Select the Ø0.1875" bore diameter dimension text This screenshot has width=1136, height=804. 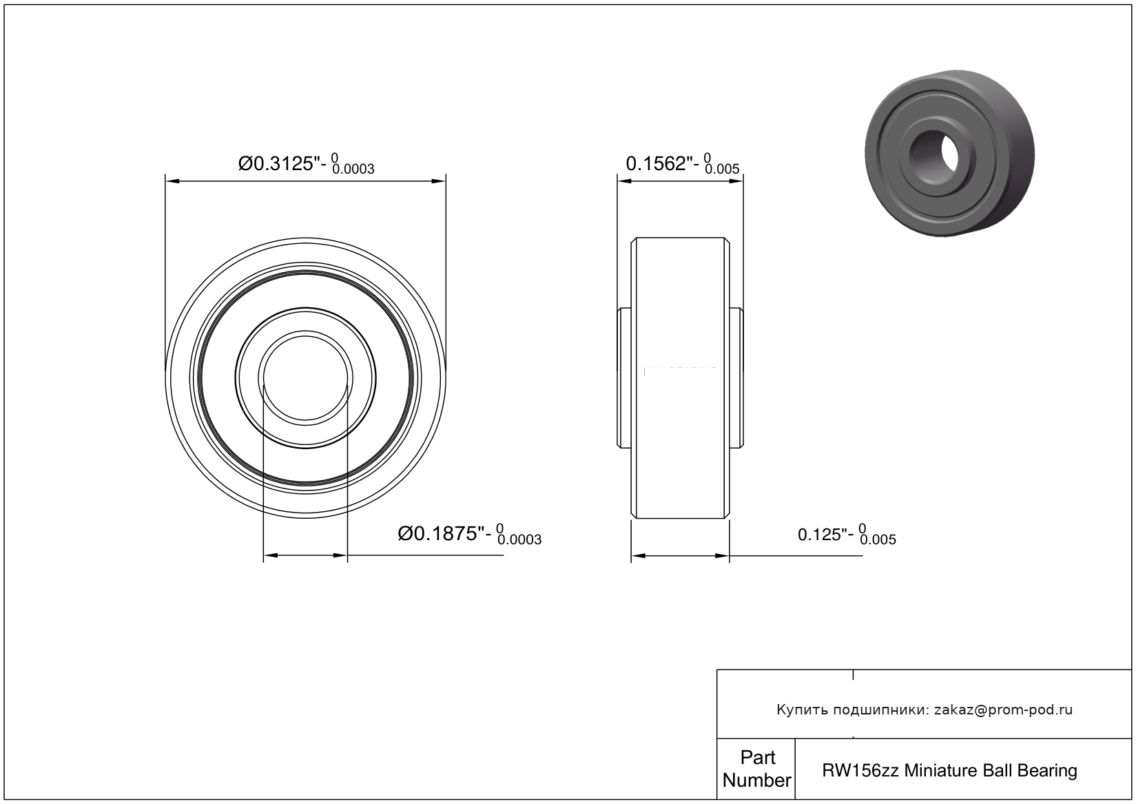click(x=444, y=533)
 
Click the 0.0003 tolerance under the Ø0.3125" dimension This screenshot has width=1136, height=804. click(x=353, y=169)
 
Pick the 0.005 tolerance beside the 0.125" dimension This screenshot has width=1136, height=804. click(x=878, y=539)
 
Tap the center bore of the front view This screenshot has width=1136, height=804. click(x=306, y=378)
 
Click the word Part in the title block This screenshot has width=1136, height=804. click(x=758, y=757)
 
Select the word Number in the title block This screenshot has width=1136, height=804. click(x=756, y=780)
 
